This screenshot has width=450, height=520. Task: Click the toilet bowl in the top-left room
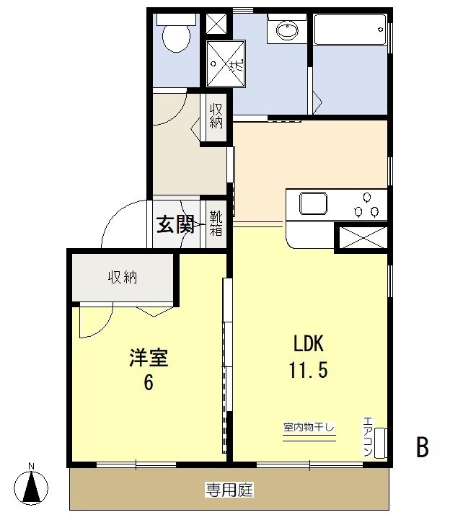(x=176, y=38)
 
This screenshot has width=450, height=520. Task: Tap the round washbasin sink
(x=287, y=30)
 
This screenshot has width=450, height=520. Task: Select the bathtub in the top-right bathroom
(x=350, y=29)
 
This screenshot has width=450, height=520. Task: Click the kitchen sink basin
(x=313, y=203)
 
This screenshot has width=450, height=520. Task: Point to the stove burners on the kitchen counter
(x=366, y=206)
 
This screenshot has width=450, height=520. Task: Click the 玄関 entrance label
(x=175, y=224)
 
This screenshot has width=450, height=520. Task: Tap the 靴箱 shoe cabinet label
(x=216, y=223)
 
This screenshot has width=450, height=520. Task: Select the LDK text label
(x=309, y=343)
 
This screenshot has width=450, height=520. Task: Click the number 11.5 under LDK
(x=309, y=370)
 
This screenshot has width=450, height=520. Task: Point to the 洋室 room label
(x=149, y=358)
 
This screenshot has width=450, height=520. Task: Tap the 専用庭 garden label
(x=229, y=490)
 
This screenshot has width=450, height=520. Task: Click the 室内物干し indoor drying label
(x=309, y=427)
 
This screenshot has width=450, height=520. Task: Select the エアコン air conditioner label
(x=368, y=436)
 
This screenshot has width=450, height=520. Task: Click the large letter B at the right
(x=423, y=447)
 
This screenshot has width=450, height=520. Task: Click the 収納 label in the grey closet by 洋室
(x=123, y=277)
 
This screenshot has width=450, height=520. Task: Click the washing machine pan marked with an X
(x=226, y=63)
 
